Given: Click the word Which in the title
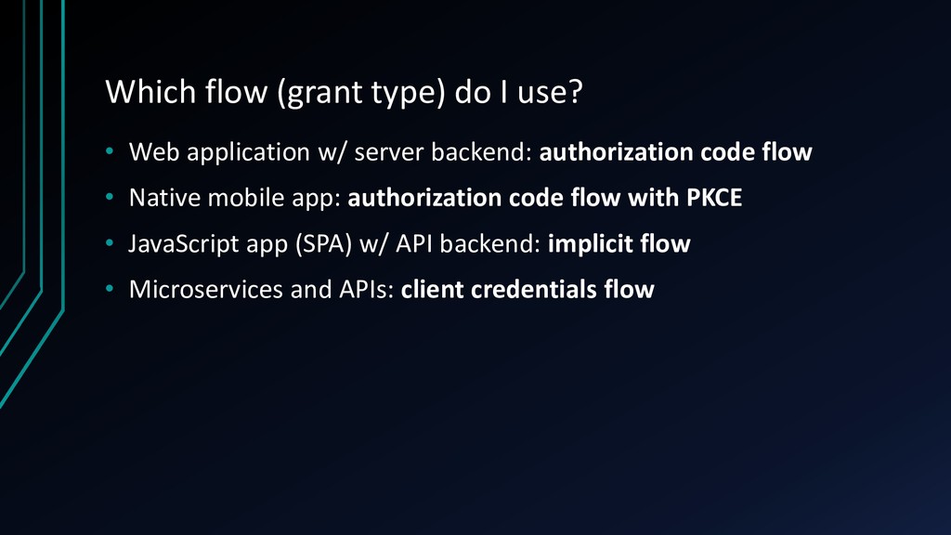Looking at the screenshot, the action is coord(151,92).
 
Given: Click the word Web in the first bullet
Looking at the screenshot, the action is coord(154,151).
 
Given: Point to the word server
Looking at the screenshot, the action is coord(389,153).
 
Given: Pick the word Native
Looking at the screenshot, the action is coord(164,198).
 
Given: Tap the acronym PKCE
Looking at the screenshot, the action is coord(714,198).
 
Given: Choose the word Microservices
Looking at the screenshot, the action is coord(206,290).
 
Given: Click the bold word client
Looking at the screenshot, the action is coord(432,290).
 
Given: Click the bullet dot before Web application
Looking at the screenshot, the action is coord(110,151).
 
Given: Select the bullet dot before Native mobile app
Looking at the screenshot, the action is coord(110,197).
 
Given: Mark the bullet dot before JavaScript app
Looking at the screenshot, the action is coord(110,242).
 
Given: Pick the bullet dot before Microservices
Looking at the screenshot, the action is coord(110,289).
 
